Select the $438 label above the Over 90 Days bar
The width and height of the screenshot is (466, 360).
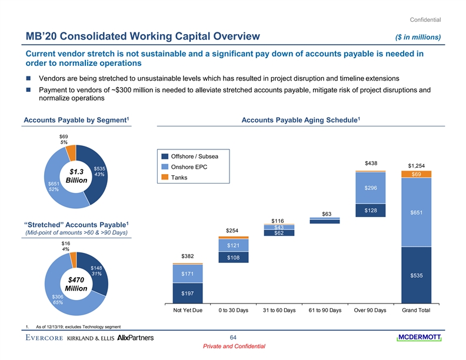pyautogui.click(x=371, y=163)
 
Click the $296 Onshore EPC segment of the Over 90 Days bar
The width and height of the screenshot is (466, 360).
pyautogui.click(x=371, y=188)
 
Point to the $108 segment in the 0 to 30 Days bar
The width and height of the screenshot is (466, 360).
pyautogui.click(x=234, y=258)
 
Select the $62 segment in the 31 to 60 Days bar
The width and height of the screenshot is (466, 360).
pyautogui.click(x=279, y=233)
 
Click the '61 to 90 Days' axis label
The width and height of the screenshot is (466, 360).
pyautogui.click(x=325, y=310)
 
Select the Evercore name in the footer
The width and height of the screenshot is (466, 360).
pyautogui.click(x=44, y=338)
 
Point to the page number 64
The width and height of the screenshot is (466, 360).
pyautogui.click(x=233, y=336)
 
